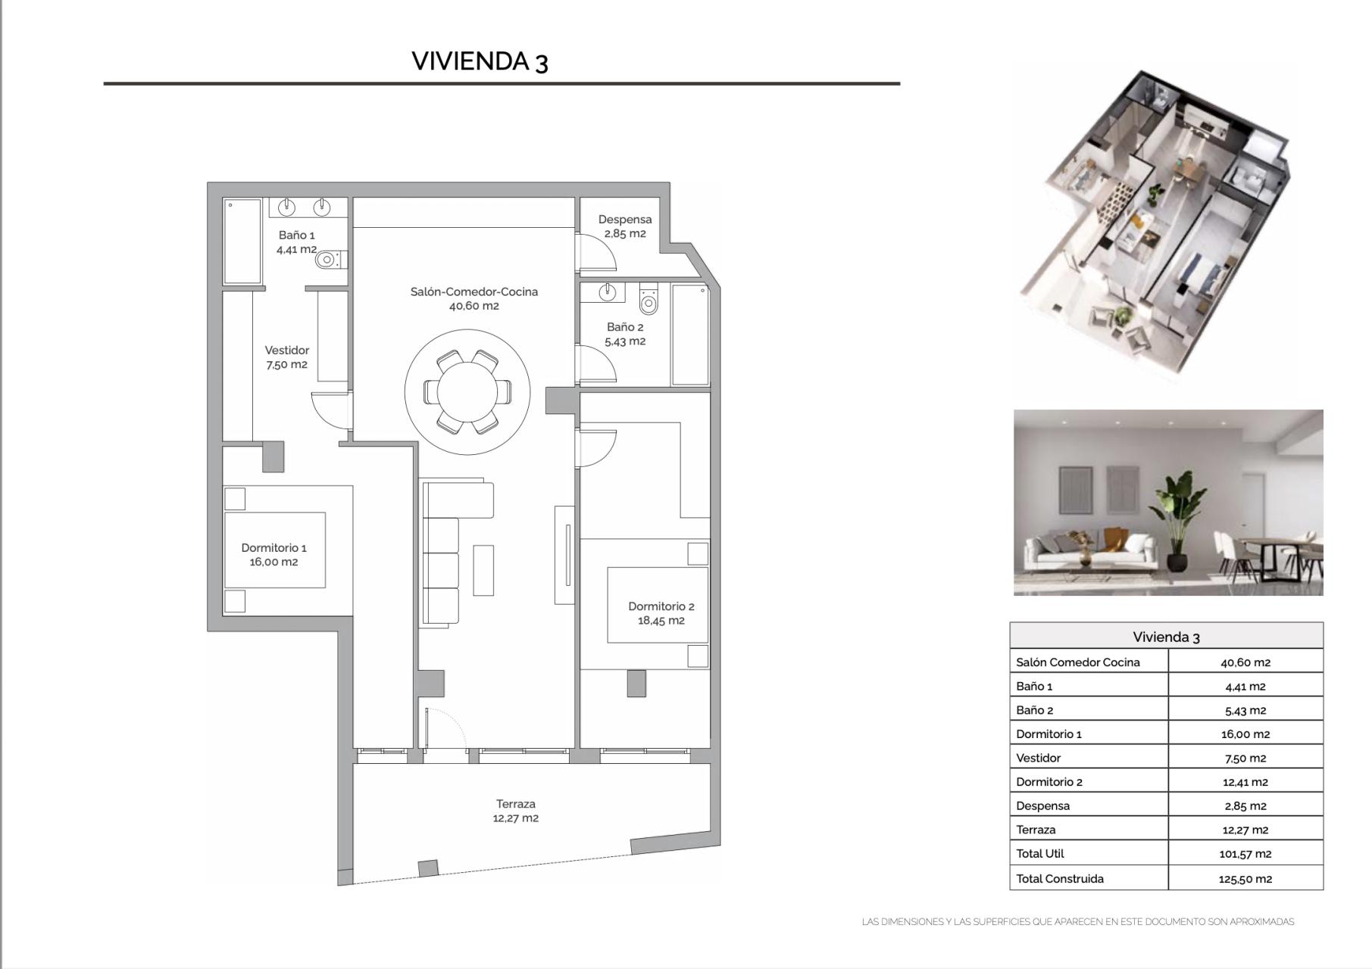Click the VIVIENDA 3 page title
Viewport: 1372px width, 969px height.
point(480,61)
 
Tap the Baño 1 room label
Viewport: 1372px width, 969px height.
point(296,241)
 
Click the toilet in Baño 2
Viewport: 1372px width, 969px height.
point(648,301)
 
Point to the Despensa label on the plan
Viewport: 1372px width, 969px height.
point(624,226)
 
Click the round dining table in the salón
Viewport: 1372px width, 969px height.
point(467,392)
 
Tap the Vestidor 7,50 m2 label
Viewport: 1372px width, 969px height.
point(286,357)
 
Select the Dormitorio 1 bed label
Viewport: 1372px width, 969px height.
point(273,554)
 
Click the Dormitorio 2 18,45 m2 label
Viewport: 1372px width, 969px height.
point(661,612)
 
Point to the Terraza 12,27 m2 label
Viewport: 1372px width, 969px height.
point(515,810)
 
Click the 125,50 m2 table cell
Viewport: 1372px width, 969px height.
point(1245,878)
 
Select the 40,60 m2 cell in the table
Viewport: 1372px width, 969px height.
point(1245,662)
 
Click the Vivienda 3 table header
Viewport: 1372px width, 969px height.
point(1166,637)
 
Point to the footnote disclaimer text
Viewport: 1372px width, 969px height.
point(1077,921)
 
